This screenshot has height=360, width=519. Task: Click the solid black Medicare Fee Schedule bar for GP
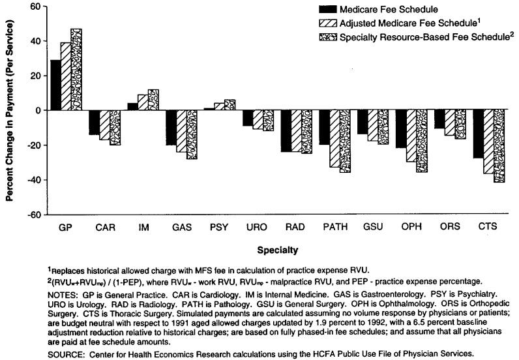55,85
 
